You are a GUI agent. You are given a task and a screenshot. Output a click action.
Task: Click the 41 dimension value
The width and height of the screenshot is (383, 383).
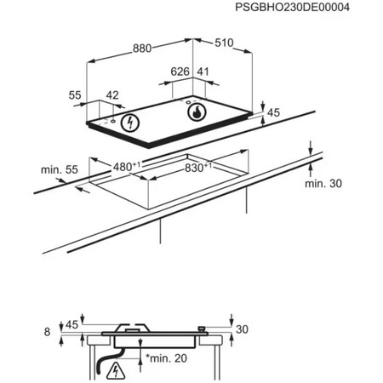point(203,73)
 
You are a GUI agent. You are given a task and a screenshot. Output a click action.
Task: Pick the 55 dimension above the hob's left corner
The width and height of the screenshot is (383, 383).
point(74,97)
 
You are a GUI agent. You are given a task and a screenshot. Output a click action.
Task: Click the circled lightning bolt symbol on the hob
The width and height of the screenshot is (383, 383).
point(131,123)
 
